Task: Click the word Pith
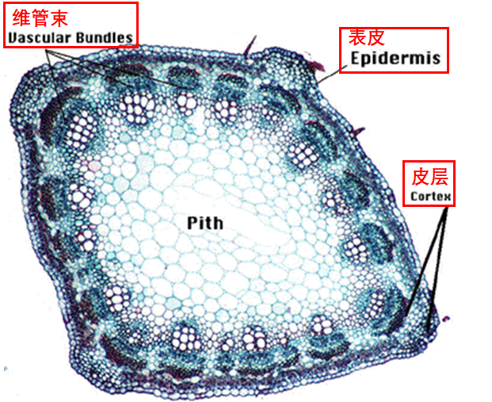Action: pyautogui.click(x=205, y=222)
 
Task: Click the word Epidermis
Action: pyautogui.click(x=395, y=58)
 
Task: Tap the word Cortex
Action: pyautogui.click(x=430, y=196)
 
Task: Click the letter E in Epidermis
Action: pyautogui.click(x=356, y=58)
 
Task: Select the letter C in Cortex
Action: pyautogui.click(x=414, y=196)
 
